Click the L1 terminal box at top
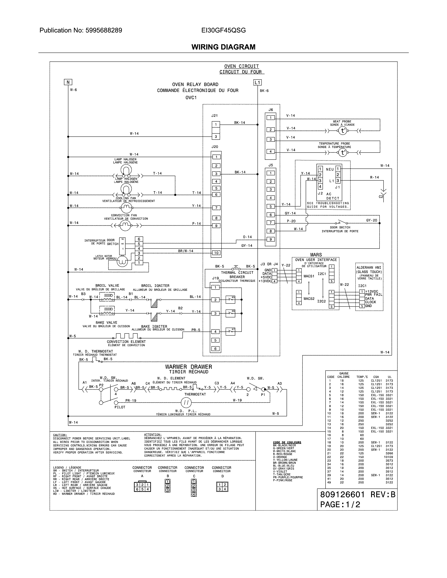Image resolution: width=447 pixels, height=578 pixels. coord(257,82)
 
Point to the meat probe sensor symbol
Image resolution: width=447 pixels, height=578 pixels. coord(343,131)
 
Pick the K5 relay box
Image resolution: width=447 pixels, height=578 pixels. coord(230,300)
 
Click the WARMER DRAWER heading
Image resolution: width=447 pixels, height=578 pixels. coord(189,367)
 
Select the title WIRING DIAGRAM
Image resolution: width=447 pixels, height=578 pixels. coord(223,47)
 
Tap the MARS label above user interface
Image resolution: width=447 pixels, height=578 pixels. coord(316,255)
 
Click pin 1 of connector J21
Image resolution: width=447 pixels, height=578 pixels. coord(216,124)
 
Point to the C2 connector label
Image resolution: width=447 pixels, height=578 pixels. coord(381,197)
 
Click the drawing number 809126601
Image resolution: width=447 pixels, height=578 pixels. coord(342,494)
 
